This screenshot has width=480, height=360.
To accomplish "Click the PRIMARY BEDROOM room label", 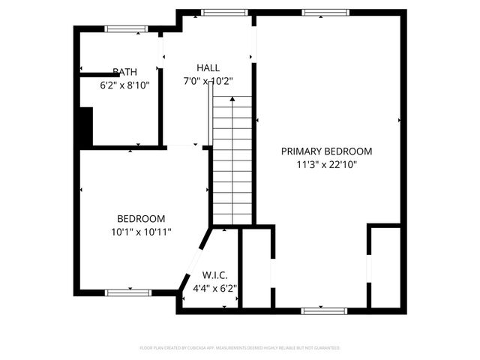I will (x=326, y=151).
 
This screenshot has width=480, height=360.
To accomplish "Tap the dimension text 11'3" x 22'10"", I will (x=326, y=163).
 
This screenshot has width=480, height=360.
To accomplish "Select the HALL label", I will (x=208, y=67).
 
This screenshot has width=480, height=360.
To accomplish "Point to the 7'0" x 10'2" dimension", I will (x=208, y=80).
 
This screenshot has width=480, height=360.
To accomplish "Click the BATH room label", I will (x=124, y=72).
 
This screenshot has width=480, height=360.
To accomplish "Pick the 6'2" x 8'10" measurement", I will (x=124, y=85).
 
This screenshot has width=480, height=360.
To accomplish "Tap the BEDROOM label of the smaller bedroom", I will (x=141, y=219).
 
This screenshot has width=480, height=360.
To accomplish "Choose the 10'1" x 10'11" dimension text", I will (x=141, y=232).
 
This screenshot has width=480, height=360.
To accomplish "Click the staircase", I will (x=232, y=165).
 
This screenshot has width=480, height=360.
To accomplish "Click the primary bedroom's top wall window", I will (x=325, y=12).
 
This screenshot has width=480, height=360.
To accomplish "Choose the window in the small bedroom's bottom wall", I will (x=129, y=292).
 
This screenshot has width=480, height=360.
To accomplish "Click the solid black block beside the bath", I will (x=85, y=127).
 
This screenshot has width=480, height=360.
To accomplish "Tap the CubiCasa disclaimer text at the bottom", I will (x=240, y=348).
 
